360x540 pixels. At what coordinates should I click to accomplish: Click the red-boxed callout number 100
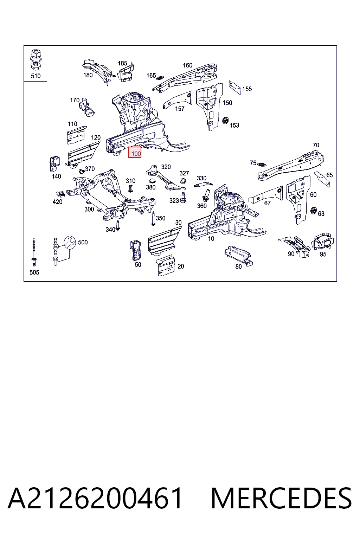pyautogui.click(x=136, y=153)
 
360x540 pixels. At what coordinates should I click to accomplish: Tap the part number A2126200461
pyautogui.click(x=95, y=498)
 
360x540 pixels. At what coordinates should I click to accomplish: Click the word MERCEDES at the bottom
pyautogui.click(x=281, y=498)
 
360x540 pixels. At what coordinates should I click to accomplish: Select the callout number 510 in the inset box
pyautogui.click(x=36, y=76)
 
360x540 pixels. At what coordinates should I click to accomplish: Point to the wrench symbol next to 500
pyautogui.click(x=70, y=242)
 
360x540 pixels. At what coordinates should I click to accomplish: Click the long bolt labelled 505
pyautogui.click(x=34, y=252)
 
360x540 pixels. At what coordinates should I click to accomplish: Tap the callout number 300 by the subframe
pyautogui.click(x=89, y=209)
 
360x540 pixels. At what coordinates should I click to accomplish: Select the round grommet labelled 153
pyautogui.click(x=225, y=120)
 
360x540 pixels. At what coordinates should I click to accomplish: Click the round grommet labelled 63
pyautogui.click(x=314, y=210)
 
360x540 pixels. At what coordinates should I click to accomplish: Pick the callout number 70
pyautogui.click(x=316, y=145)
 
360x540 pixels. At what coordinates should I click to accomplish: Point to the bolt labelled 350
pyautogui.click(x=153, y=218)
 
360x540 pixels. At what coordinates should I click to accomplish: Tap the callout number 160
pyautogui.click(x=188, y=65)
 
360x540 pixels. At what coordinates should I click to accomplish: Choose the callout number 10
pyautogui.click(x=211, y=239)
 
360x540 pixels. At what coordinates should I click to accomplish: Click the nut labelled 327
pyautogui.click(x=183, y=180)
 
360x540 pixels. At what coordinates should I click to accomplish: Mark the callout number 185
pyautogui.click(x=122, y=63)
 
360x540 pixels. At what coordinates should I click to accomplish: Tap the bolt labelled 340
pyautogui.click(x=118, y=225)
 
